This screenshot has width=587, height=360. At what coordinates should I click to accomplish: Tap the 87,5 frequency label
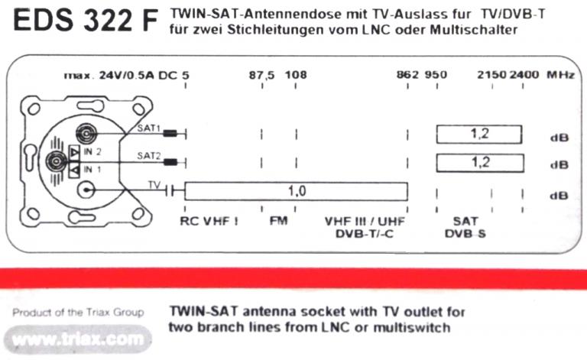point(261,75)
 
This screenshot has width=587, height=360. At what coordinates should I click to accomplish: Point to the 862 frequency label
point(408,75)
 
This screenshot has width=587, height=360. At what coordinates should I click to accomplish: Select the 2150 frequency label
point(491,75)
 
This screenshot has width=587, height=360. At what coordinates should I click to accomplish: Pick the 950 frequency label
point(436,75)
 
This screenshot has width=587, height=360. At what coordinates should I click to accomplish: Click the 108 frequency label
point(296,75)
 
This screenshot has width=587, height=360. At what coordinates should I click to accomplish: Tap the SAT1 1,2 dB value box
point(479,134)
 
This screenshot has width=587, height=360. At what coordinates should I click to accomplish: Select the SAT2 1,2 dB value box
point(479,162)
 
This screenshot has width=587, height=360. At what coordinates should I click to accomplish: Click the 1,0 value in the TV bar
point(297,191)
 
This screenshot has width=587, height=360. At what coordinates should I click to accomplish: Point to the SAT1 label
point(148,128)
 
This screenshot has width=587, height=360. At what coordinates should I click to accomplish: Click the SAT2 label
point(148,155)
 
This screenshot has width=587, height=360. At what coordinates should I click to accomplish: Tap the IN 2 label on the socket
point(92,153)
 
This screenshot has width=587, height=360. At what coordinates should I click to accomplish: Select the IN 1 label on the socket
point(92,169)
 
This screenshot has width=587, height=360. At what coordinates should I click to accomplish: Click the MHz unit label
point(559,75)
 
